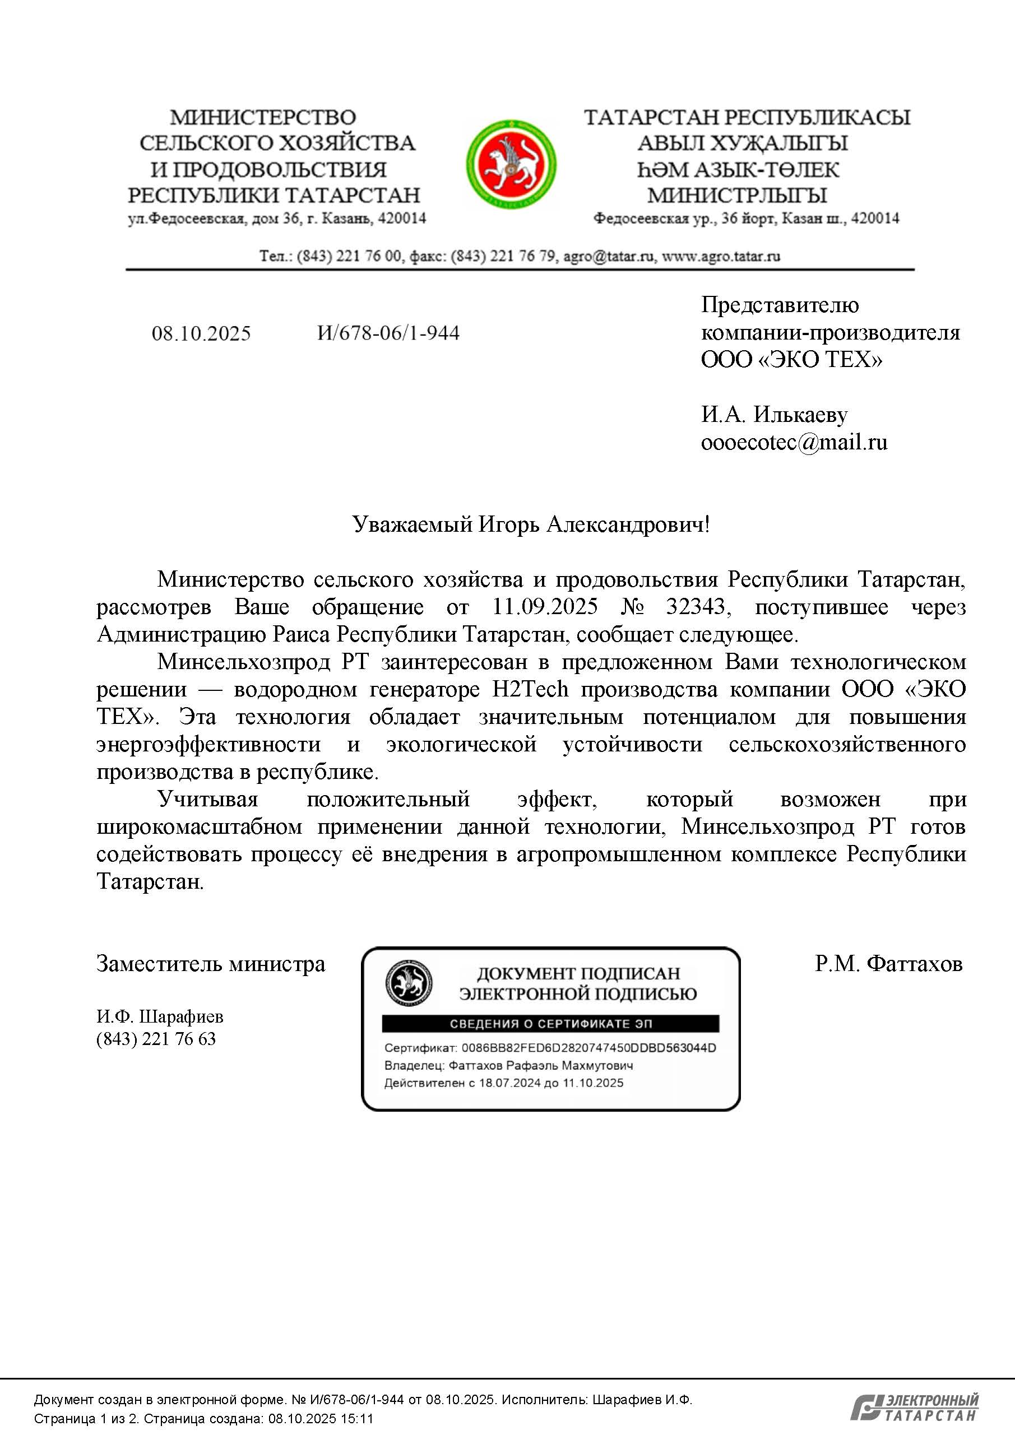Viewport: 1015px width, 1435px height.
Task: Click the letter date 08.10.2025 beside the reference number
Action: [201, 334]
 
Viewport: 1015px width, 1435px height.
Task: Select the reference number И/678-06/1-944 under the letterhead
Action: [388, 333]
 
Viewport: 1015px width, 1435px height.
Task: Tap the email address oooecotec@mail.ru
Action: [794, 443]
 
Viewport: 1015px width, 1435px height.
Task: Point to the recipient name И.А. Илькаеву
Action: [774, 415]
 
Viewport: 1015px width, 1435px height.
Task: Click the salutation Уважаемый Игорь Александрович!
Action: [531, 524]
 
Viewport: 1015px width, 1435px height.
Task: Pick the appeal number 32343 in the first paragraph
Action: [695, 607]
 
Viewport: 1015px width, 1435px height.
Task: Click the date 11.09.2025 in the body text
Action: [544, 607]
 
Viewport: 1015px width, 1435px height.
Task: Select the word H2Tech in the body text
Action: [531, 689]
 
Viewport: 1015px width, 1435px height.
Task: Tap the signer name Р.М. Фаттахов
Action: [888, 964]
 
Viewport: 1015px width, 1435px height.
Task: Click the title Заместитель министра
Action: [211, 964]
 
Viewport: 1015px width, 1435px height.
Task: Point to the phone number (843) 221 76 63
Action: [156, 1039]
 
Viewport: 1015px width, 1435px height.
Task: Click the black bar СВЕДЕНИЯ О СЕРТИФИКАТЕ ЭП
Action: [550, 1024]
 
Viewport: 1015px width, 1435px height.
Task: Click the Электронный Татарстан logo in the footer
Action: [914, 1408]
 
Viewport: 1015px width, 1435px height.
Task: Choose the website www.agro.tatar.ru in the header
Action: [721, 256]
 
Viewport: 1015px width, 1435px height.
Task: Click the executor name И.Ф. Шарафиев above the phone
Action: [159, 1017]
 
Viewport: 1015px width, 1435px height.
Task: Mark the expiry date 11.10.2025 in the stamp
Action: [592, 1083]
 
